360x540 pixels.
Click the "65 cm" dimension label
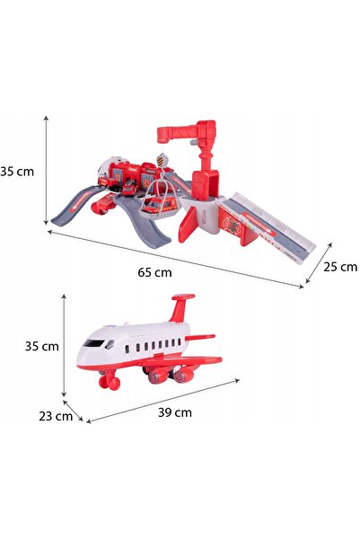tap(154, 272)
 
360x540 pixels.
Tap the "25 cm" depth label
tap(340, 267)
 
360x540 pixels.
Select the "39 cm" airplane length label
tap(175, 412)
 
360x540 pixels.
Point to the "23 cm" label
tap(56, 416)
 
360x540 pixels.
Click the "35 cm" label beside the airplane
tap(42, 346)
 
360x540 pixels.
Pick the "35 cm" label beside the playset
tap(17, 172)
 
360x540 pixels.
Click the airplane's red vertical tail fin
tap(181, 307)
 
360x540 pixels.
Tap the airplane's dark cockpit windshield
tap(93, 343)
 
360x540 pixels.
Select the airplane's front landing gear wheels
tap(110, 383)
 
